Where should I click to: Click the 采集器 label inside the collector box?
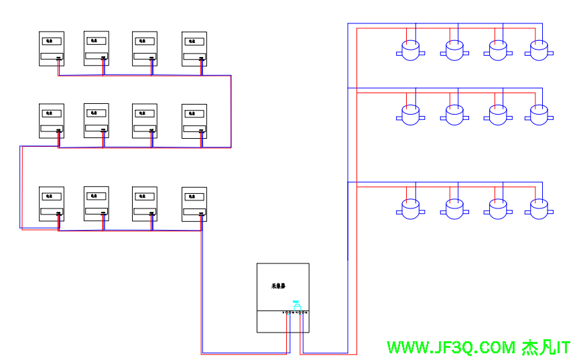[278, 286]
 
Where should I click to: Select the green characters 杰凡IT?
[546, 348]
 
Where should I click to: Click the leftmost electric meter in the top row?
[51, 48]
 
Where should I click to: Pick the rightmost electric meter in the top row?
[194, 48]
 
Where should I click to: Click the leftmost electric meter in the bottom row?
[51, 204]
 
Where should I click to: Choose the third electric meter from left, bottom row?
[145, 204]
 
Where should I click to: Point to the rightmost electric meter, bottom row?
[194, 204]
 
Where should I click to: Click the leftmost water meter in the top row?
[409, 50]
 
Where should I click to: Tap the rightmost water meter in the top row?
[539, 50]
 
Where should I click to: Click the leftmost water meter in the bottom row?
[409, 210]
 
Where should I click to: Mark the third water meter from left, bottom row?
[497, 210]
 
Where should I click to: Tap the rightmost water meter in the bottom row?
[539, 210]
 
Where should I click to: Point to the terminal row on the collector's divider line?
[295, 312]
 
